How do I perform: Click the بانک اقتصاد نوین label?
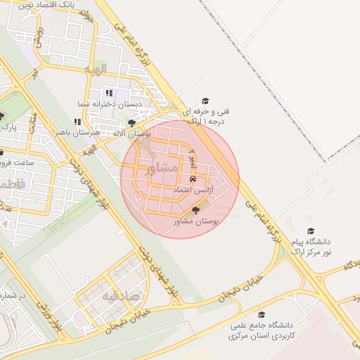pos(46,4)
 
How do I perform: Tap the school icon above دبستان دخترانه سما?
pos(108,93)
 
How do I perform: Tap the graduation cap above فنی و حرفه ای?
pos(205,101)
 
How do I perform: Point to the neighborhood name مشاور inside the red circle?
pos(161,169)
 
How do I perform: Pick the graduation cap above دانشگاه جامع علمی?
pos(262,314)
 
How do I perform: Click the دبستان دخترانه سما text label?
pos(110,104)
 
